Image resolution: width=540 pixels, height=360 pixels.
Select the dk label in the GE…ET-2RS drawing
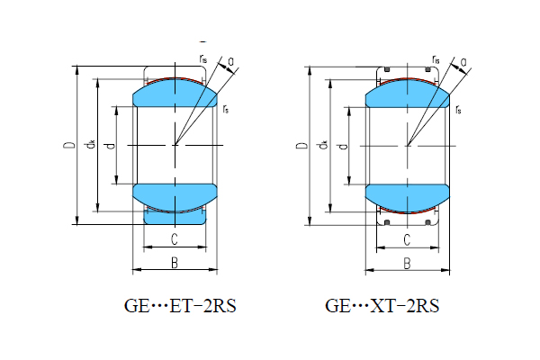point(90,145)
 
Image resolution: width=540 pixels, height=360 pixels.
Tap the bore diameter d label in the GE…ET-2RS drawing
point(109,145)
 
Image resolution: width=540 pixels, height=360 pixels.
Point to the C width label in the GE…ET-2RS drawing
point(174,239)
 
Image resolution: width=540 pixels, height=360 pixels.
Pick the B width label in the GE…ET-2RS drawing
point(174,262)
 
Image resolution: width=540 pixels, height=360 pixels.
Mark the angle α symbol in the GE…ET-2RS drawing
point(232,63)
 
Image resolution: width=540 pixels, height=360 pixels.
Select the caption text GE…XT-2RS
point(382,307)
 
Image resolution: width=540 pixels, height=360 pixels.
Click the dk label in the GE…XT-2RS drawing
point(322,145)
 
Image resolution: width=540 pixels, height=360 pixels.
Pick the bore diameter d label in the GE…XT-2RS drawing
point(341,145)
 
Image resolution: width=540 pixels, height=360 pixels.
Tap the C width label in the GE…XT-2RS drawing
point(407,239)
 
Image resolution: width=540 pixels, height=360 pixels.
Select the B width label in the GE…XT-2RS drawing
point(407,263)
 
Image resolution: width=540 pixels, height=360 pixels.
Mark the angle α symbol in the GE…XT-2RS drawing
point(464,63)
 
